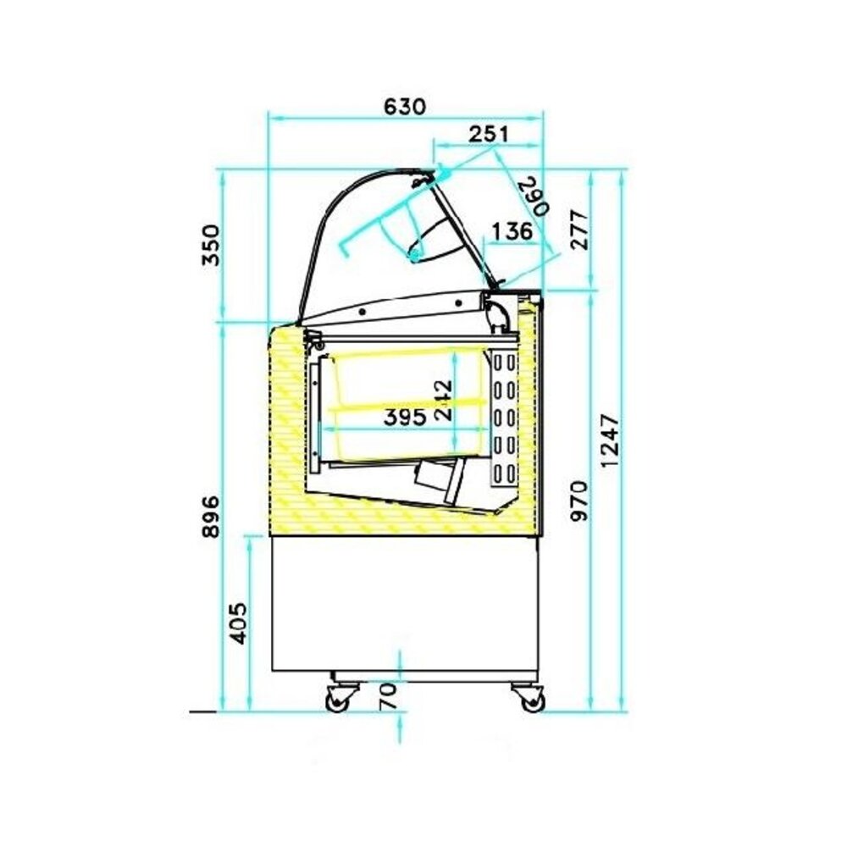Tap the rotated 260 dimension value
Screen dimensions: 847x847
click(x=532, y=197)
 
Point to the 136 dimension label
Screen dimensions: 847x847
click(x=511, y=230)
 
